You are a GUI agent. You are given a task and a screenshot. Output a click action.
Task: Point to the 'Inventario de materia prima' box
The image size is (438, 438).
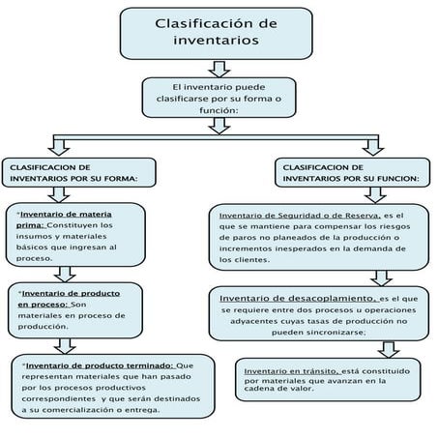click(78, 235)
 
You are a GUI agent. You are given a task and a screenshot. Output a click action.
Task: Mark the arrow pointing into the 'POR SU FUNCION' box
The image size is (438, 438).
click(373, 146)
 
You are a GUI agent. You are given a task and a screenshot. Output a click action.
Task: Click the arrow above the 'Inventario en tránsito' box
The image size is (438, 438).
click(387, 348)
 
